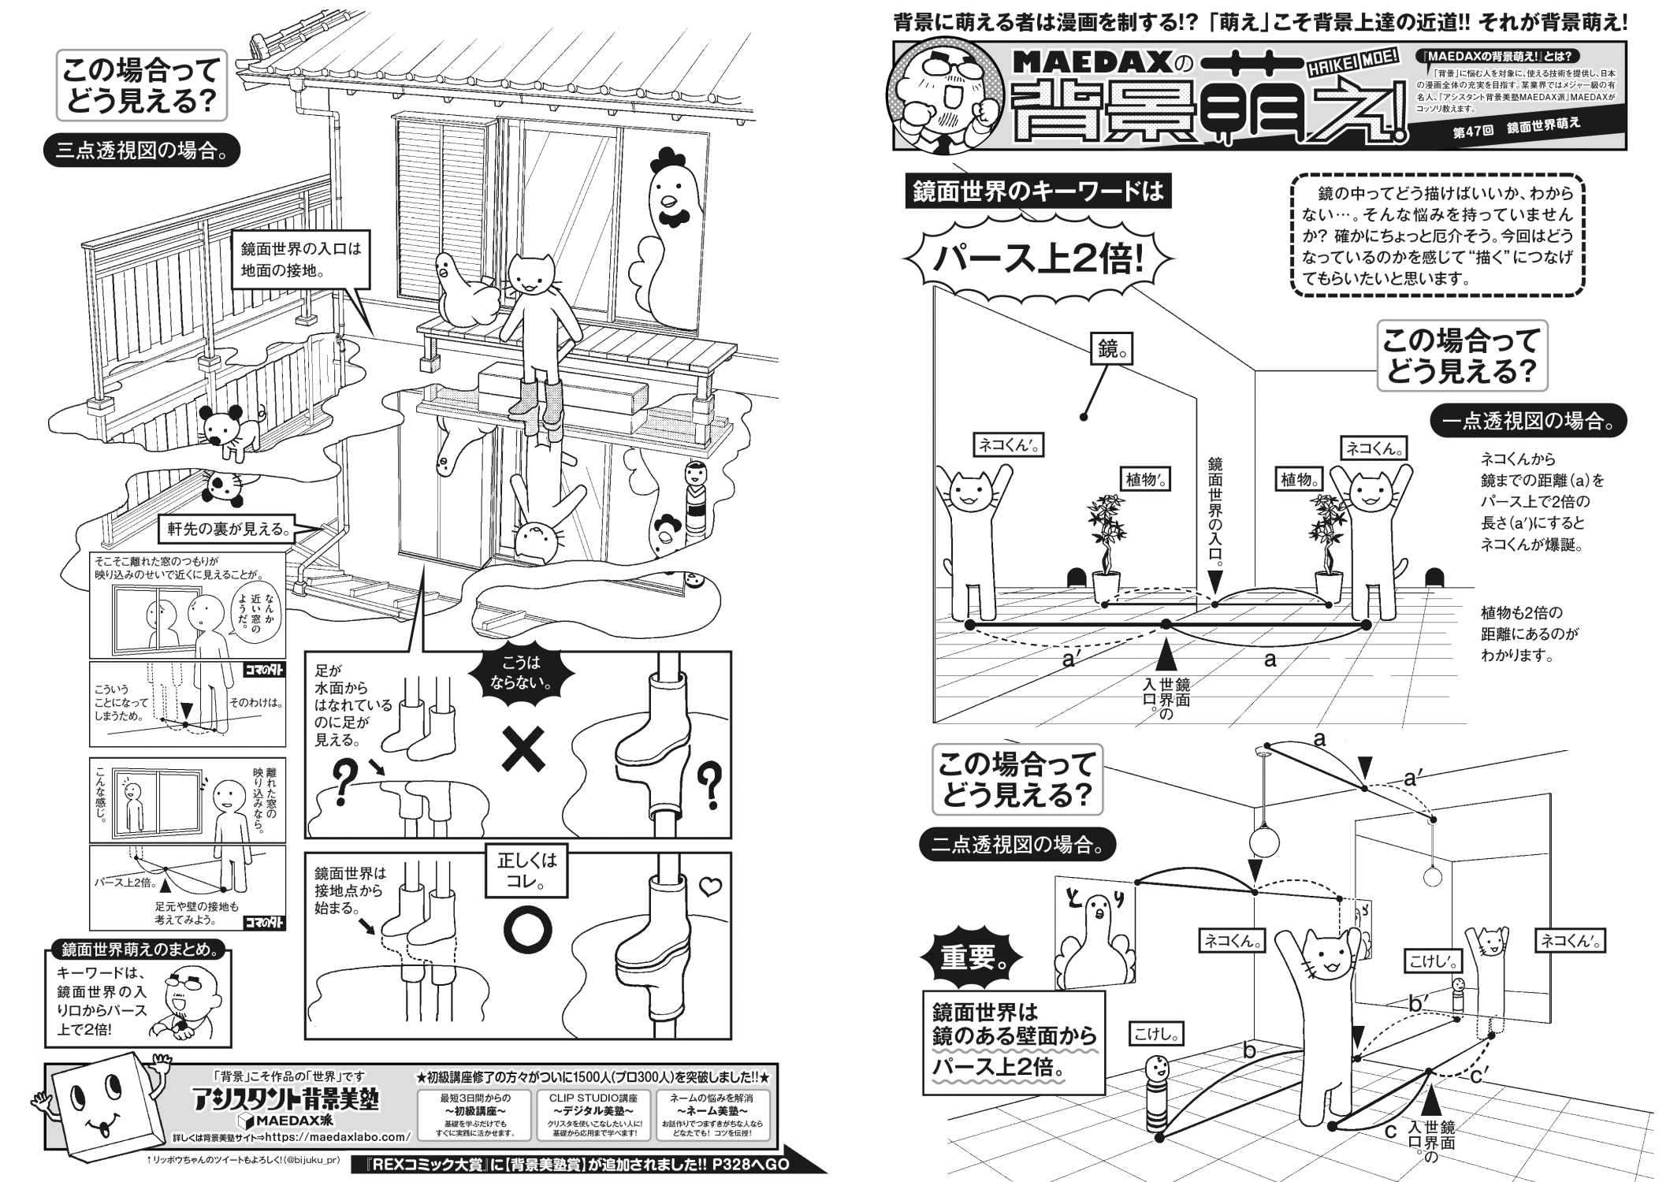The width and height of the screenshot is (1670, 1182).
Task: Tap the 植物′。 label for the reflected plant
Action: [1143, 478]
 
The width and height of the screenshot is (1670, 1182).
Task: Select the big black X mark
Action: [523, 749]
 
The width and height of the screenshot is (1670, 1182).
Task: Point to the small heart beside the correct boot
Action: [710, 887]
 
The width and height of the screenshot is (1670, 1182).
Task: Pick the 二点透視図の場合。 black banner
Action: [1017, 846]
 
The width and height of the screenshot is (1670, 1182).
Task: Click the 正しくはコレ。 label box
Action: [526, 870]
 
